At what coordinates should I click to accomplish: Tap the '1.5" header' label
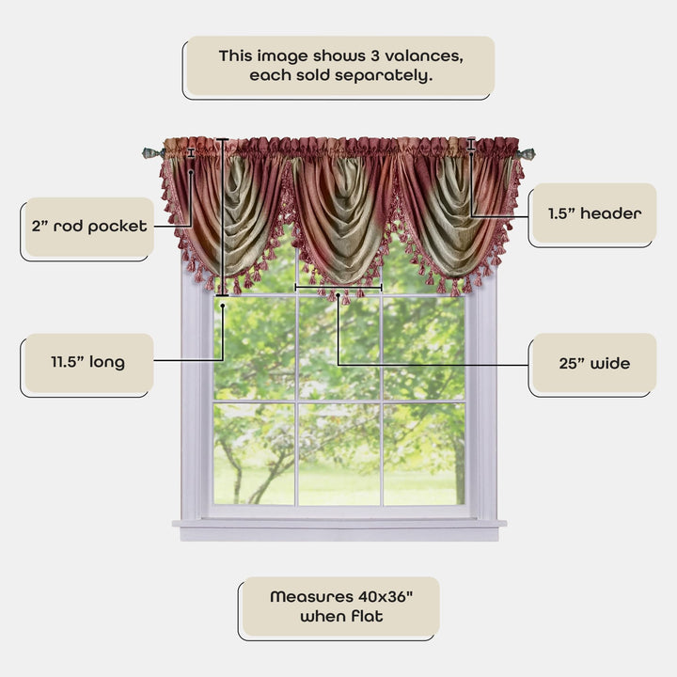coord(594,213)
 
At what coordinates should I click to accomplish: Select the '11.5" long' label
coord(87,362)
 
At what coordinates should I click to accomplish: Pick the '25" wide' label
coord(592,363)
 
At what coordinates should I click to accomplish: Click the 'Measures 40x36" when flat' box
coord(339,606)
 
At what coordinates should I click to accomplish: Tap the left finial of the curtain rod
coord(149,152)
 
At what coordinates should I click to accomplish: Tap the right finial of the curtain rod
coord(528,153)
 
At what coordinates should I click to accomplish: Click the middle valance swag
coord(339,216)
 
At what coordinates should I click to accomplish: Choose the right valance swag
coord(451,212)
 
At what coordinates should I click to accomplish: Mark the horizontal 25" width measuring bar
coord(338,286)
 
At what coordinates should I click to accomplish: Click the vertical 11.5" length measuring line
coord(223,216)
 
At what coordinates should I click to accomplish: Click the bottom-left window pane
coord(255,453)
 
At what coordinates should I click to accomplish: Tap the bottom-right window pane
coord(424,453)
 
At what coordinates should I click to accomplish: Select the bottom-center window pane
coord(339,453)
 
